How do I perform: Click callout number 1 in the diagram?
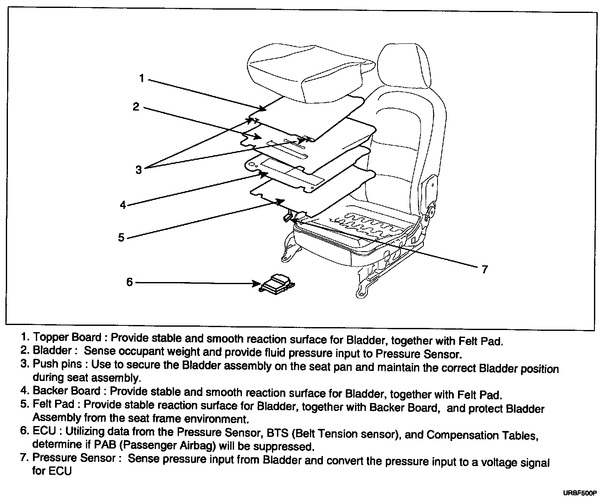click(x=142, y=78)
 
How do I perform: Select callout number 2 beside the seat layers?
click(x=136, y=107)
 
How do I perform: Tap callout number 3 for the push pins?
click(x=138, y=169)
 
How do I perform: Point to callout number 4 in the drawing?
click(x=123, y=205)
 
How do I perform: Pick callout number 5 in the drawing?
click(x=121, y=237)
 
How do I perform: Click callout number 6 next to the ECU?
click(x=129, y=282)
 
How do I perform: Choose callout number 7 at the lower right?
click(x=484, y=270)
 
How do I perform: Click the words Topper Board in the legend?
click(x=67, y=337)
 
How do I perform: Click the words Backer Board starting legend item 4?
click(x=66, y=391)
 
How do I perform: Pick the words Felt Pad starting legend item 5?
click(x=53, y=404)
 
